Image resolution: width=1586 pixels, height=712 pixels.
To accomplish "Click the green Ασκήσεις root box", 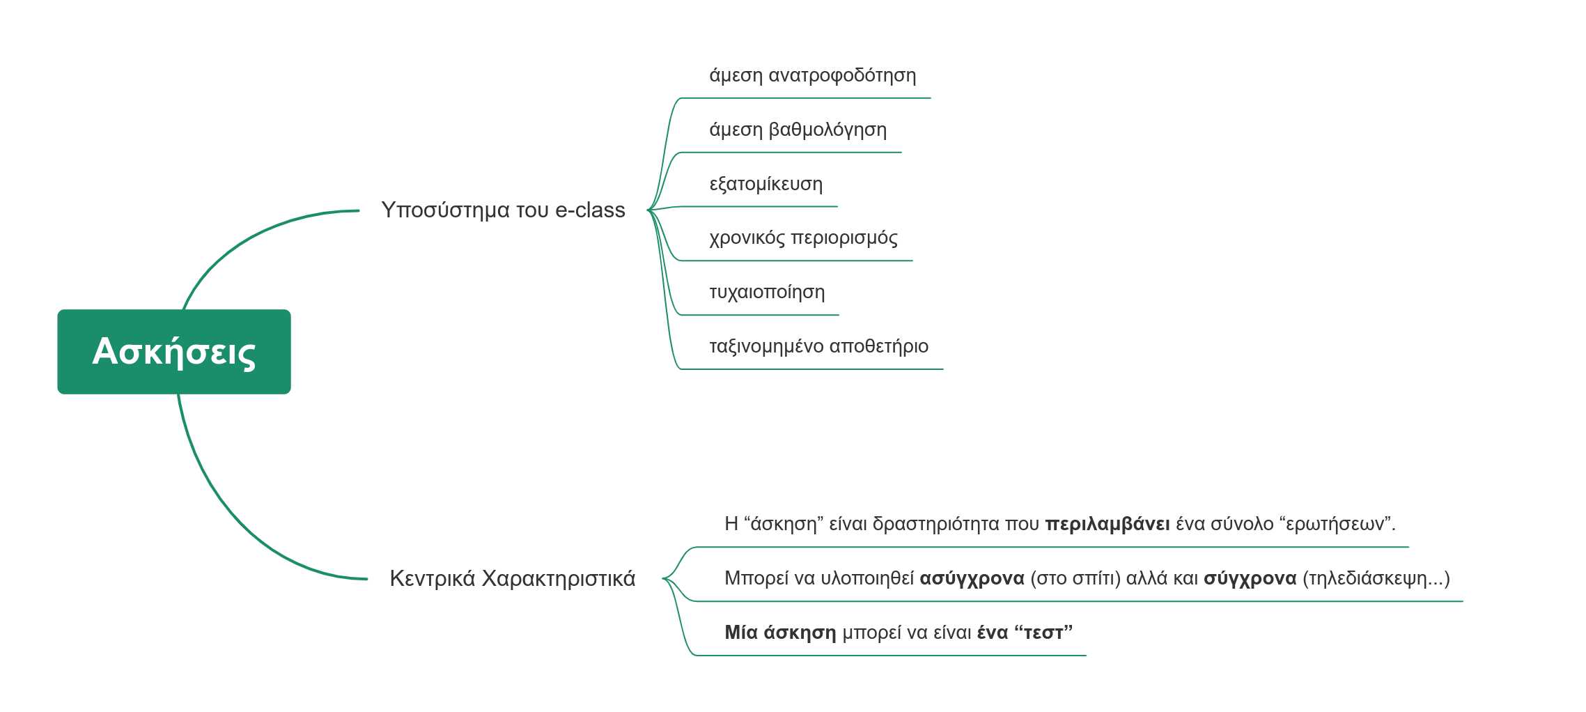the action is pos(174,352).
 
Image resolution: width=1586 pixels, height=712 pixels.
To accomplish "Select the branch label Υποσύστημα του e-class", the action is pos(503,210).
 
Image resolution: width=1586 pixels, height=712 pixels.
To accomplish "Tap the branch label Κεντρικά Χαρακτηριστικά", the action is pos(513,578).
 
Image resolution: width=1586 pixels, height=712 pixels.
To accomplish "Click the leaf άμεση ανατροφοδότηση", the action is pos(813,75).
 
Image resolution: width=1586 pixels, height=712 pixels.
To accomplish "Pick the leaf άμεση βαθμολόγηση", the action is pos(798,130).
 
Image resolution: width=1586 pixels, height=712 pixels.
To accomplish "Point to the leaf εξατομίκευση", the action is pos(766,184).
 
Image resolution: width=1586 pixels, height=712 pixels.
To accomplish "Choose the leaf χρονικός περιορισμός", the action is pos(804,238).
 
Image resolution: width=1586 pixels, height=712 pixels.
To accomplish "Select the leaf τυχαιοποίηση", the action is pos(767,292).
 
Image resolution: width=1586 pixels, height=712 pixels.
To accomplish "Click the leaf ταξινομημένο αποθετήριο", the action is pos(819,346).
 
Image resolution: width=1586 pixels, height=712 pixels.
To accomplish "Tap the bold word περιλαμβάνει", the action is pos(1107,524).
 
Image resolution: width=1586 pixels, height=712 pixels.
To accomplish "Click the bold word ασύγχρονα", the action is pos(972,578).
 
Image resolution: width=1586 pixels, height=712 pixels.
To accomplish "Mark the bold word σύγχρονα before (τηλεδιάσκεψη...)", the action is pos(1250,578).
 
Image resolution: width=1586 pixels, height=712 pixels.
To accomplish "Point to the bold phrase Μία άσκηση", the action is pos(780,633).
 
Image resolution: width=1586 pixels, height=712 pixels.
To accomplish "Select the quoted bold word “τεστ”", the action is pos(1043,633).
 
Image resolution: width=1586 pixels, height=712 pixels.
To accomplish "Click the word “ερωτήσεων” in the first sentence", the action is pos(1338,524).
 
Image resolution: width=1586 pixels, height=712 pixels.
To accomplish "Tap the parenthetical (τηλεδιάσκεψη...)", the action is pos(1376,578).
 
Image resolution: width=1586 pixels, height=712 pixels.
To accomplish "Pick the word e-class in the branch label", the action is pos(591,210).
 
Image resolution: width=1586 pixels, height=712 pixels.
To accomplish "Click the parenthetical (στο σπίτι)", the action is pos(1075,578).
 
